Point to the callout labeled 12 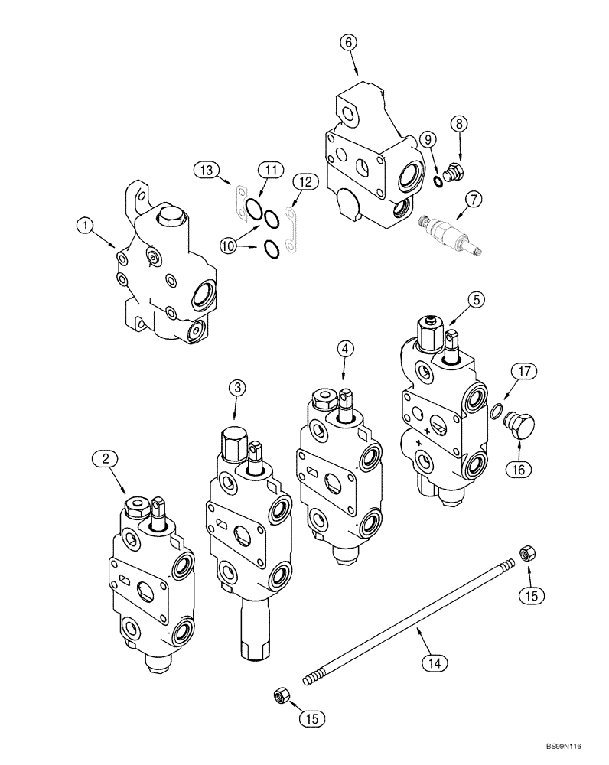[304, 182]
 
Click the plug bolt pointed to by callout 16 [523, 425]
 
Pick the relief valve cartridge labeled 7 [445, 229]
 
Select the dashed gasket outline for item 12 [290, 226]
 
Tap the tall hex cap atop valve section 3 [232, 442]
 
